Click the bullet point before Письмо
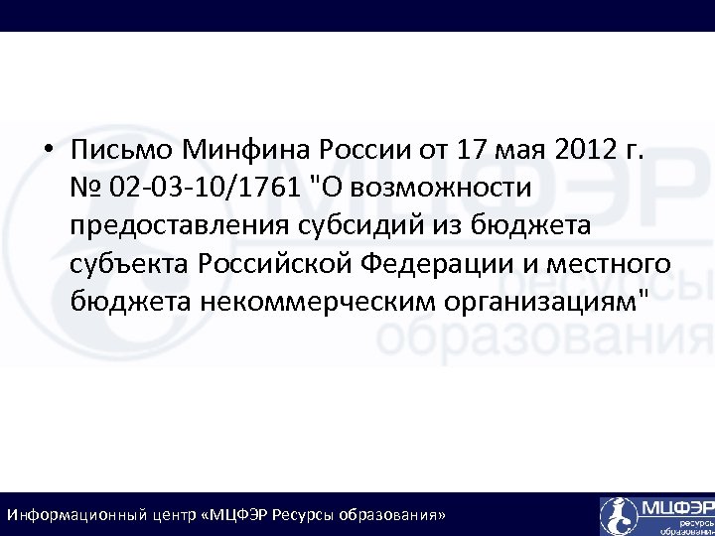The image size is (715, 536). coord(48,151)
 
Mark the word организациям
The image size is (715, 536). coord(551,302)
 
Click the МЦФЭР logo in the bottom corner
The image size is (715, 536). coord(656,515)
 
